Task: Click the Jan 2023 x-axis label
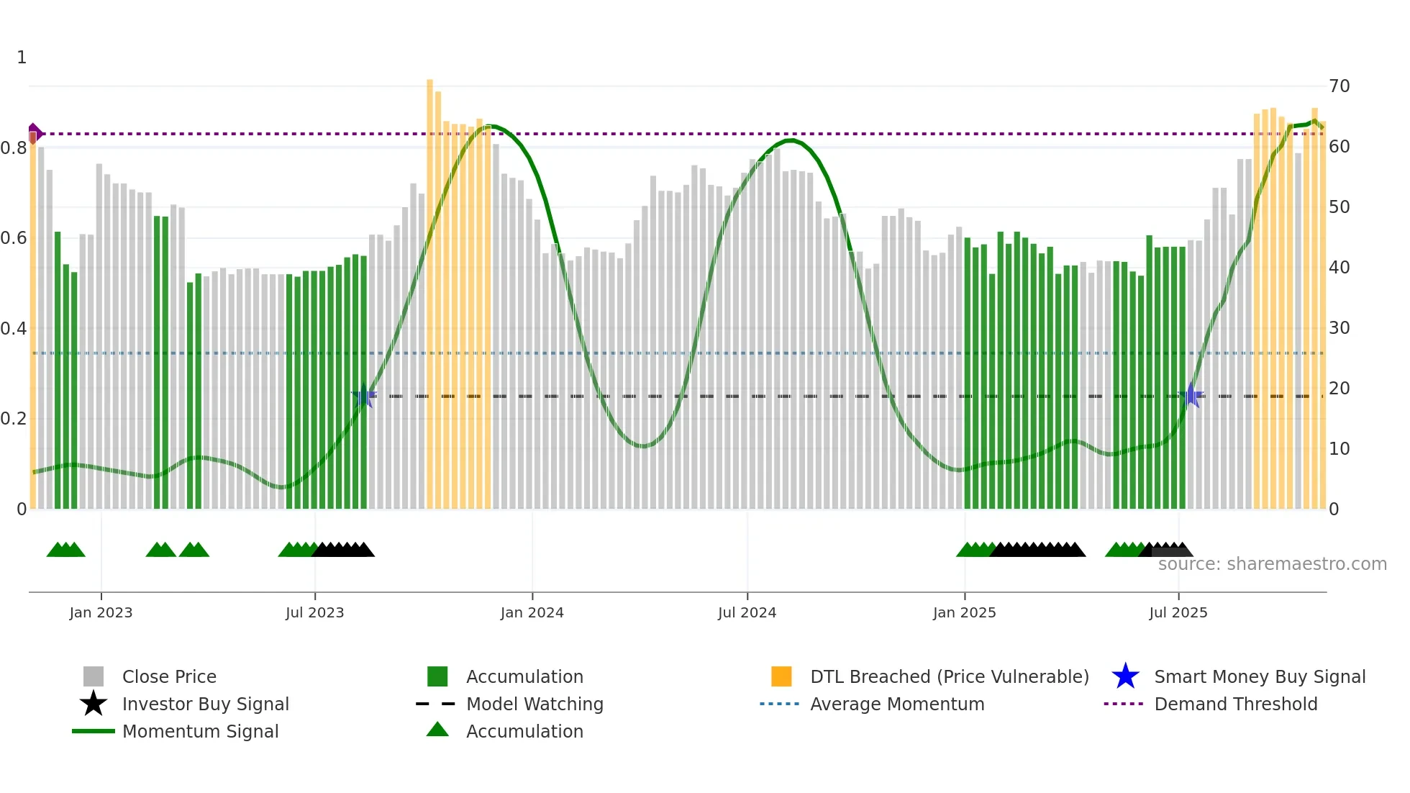coord(101,612)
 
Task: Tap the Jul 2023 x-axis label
coord(314,612)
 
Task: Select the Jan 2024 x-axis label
coord(532,612)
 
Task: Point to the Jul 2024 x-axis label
coord(747,612)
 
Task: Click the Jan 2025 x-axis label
coord(964,612)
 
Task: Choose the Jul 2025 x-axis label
coord(1178,612)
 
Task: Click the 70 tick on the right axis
coord(1339,86)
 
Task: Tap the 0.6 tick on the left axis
coord(14,238)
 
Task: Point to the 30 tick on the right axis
coord(1339,328)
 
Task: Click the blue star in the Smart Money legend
coord(1125,676)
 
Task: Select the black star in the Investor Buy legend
coord(94,704)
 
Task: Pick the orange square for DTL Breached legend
coord(781,676)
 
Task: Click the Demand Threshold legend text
coord(1235,704)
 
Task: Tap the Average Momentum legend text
coord(897,704)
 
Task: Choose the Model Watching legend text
coord(535,704)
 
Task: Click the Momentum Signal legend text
coord(200,731)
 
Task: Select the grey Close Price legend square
coord(94,676)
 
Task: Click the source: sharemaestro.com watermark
coord(1272,564)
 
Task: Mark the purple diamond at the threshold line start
coord(34,133)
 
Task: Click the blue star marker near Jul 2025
coord(1191,396)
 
